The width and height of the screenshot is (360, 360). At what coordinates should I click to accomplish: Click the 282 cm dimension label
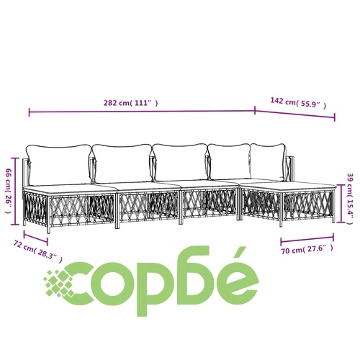coord(131,103)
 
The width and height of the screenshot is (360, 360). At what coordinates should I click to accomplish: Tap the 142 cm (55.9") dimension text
coord(298,103)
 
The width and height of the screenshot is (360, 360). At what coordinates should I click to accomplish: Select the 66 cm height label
coord(8,191)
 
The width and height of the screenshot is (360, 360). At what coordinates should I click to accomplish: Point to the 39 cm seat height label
coord(351,199)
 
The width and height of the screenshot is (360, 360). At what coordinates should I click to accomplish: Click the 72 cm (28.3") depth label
coord(38,251)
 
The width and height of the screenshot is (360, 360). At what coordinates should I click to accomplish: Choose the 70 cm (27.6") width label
coord(307,249)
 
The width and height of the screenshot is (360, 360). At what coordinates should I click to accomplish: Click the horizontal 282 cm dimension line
coord(142,112)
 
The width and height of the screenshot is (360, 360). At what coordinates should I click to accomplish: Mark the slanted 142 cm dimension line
coord(295,114)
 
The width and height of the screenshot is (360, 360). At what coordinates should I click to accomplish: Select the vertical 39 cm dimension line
coord(341,203)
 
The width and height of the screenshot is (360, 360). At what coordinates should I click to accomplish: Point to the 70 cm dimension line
coord(307,239)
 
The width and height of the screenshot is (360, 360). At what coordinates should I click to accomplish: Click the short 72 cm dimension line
coord(35,238)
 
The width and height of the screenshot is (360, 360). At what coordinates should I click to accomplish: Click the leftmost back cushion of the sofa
coord(59,165)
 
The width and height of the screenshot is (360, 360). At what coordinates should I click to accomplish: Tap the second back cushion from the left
coord(122,163)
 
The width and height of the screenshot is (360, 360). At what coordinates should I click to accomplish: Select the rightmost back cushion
coord(269,161)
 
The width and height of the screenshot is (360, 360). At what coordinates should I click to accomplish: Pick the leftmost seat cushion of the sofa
coord(70,189)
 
